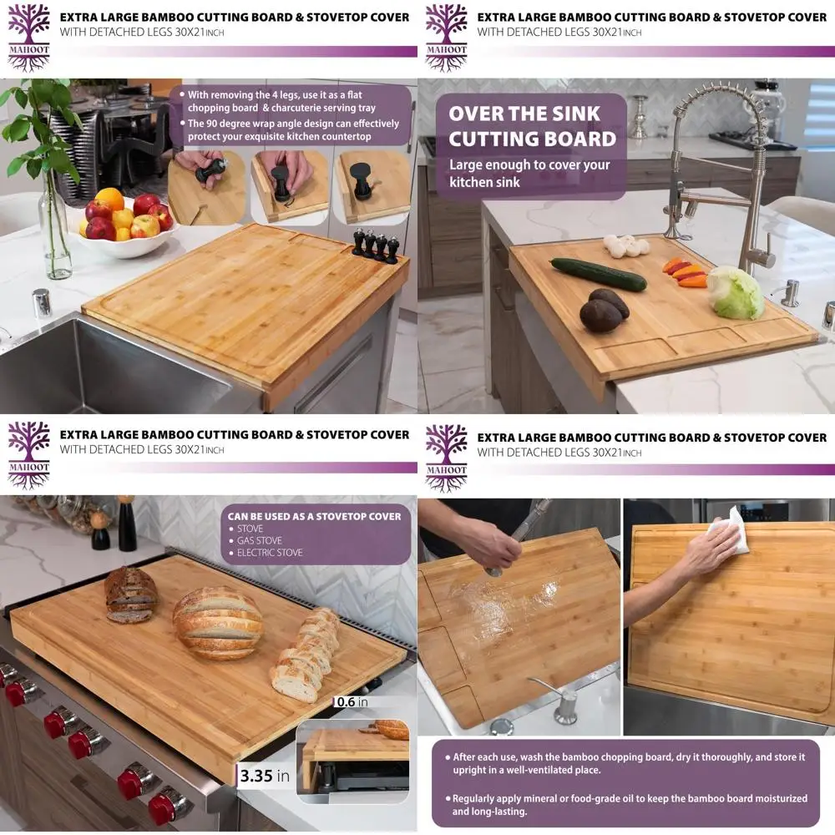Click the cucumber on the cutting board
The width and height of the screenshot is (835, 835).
(598, 274)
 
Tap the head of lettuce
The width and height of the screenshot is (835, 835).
(735, 292)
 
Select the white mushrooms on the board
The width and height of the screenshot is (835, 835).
(625, 245)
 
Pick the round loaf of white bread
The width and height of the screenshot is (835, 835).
(217, 623)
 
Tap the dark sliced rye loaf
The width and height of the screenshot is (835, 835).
(130, 594)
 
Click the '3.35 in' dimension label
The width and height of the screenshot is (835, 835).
(265, 776)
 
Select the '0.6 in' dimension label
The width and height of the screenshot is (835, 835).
(352, 701)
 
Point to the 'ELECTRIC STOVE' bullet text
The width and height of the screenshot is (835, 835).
(270, 553)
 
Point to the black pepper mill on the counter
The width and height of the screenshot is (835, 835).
(127, 524)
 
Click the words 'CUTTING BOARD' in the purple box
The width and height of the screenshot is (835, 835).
(532, 139)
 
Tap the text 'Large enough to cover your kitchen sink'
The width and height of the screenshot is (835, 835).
(529, 173)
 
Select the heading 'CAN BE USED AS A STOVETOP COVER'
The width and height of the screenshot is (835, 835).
(314, 516)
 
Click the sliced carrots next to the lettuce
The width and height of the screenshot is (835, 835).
(686, 272)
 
